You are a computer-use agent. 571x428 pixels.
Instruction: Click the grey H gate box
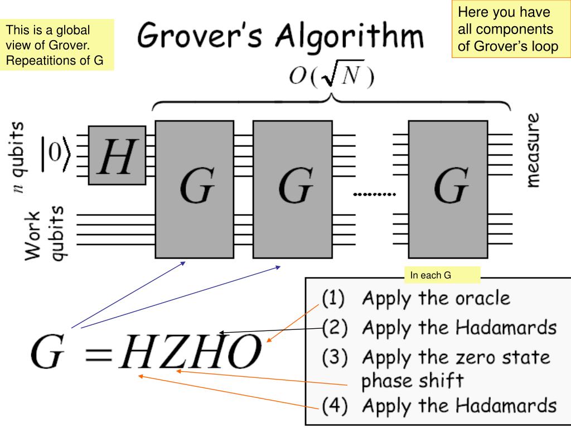coord(117,154)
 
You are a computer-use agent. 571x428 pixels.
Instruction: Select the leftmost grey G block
coord(195,189)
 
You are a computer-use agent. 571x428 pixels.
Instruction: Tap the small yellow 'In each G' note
coord(442,275)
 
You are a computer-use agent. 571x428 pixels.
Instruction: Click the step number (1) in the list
coord(333,299)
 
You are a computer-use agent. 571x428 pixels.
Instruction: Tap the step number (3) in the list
coord(333,357)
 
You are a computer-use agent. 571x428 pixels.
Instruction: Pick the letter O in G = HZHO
coord(241,353)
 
